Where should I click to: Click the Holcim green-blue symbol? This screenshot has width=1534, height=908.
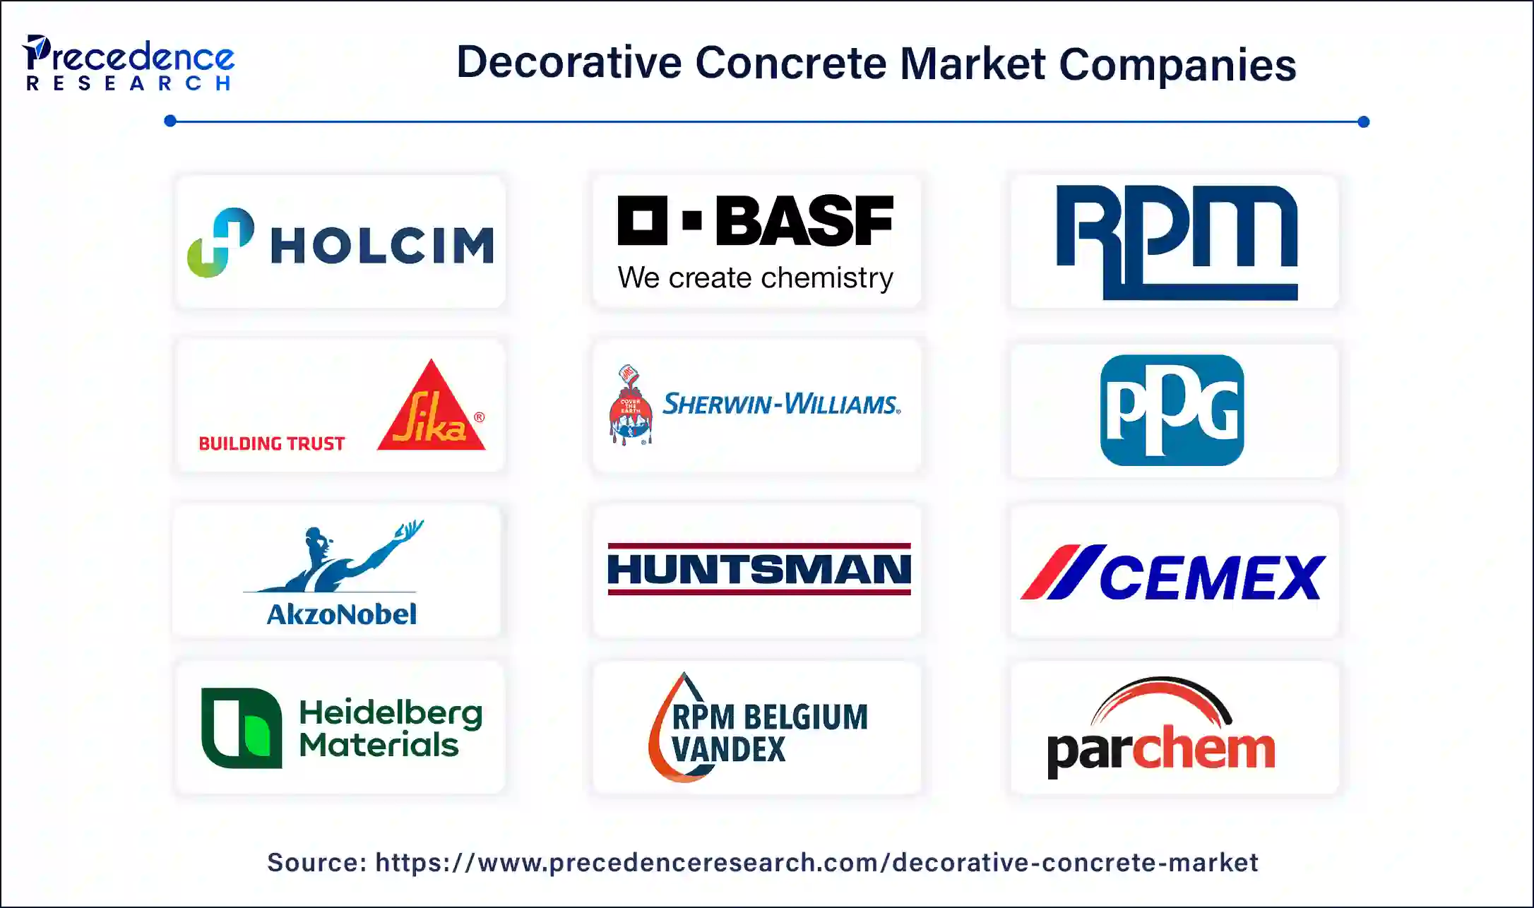click(x=220, y=242)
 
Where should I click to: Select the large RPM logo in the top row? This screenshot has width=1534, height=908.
click(x=1177, y=242)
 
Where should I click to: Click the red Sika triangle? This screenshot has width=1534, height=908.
click(x=431, y=407)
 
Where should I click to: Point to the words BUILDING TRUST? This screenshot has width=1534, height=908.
click(x=272, y=443)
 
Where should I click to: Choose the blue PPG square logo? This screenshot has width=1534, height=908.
click(x=1172, y=410)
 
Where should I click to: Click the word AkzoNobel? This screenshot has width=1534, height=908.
click(x=342, y=614)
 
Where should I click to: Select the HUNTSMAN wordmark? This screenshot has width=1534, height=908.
click(x=759, y=569)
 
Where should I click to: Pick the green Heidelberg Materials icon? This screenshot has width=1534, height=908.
click(x=242, y=728)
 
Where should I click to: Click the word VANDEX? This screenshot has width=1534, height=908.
click(x=728, y=750)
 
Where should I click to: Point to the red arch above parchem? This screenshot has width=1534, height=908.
click(x=1162, y=700)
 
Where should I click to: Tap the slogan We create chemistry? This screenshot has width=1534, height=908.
click(x=755, y=277)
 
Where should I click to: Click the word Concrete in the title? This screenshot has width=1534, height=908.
click(x=791, y=64)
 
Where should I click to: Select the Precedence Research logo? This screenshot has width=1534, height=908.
click(x=129, y=63)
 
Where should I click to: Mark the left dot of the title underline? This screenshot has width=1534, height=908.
click(x=170, y=121)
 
